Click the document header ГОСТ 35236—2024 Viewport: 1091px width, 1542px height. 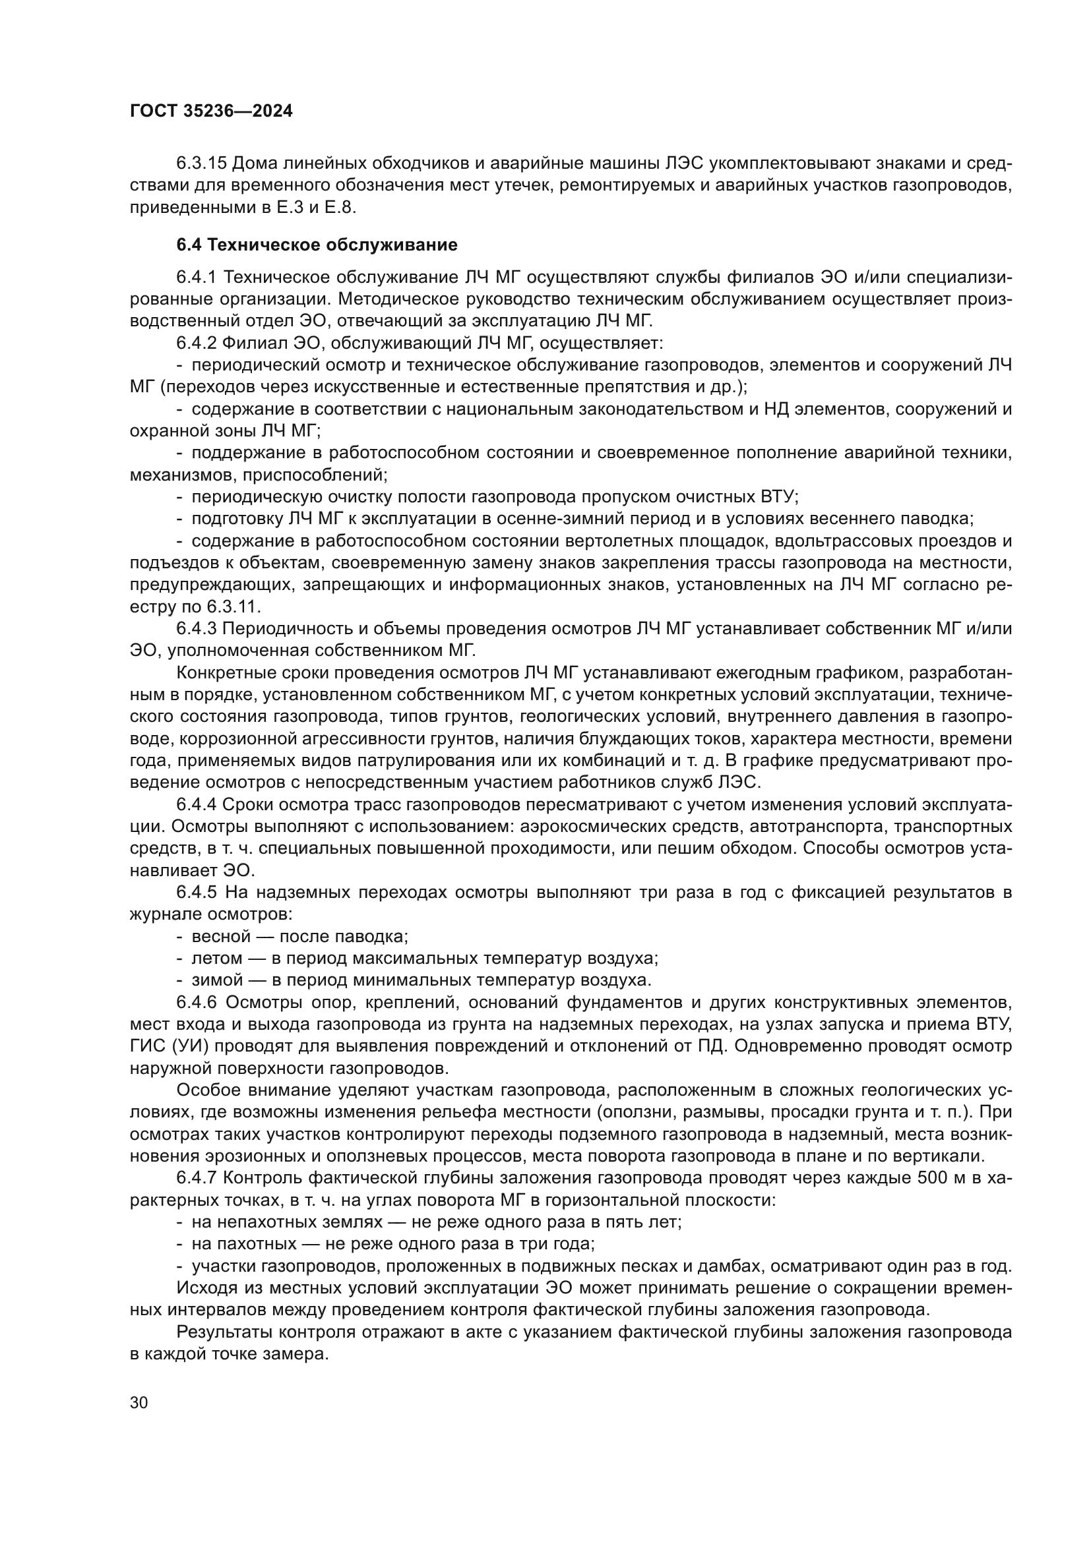coord(211,111)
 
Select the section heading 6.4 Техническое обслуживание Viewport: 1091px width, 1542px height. coord(317,245)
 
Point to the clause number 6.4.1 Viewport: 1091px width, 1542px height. coord(197,278)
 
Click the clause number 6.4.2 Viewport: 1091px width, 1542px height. coord(197,343)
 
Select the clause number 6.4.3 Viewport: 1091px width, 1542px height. coord(197,629)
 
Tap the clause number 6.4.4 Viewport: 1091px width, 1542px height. coord(197,804)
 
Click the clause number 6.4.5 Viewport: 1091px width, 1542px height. coord(197,893)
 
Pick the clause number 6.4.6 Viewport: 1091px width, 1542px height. coord(197,1002)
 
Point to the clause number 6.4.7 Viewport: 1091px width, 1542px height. coord(197,1178)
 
